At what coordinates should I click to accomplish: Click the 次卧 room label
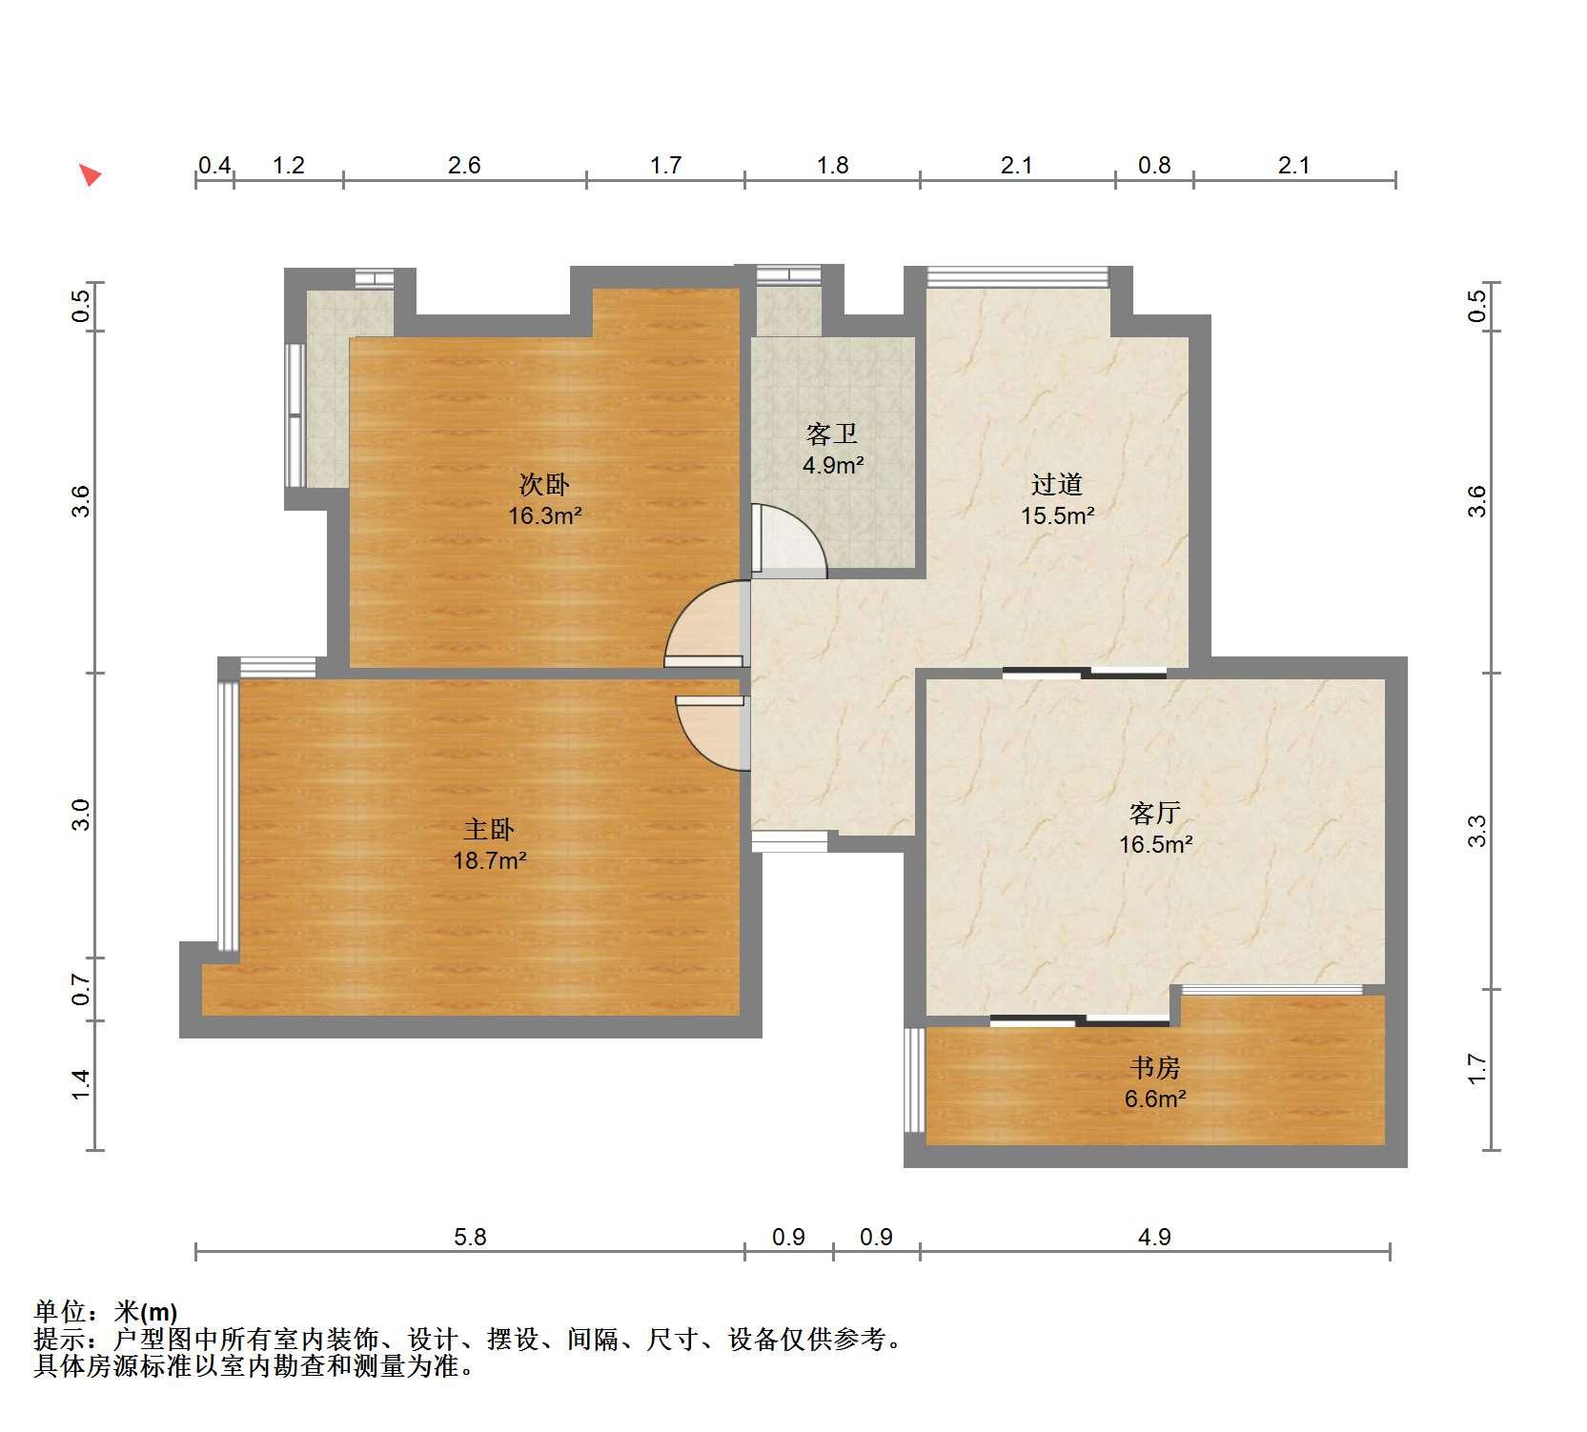(x=544, y=485)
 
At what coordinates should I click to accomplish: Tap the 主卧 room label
(x=489, y=830)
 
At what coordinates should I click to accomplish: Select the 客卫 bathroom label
(x=832, y=434)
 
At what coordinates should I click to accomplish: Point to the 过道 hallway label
(x=1057, y=485)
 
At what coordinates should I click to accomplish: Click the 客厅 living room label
(x=1155, y=814)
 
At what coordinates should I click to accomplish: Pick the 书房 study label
(x=1155, y=1068)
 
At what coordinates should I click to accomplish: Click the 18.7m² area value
(x=490, y=861)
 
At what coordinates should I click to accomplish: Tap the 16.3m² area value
(x=545, y=516)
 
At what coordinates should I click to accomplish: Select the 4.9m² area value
(x=833, y=466)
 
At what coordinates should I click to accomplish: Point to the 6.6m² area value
(x=1155, y=1099)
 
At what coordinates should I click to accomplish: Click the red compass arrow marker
(x=90, y=175)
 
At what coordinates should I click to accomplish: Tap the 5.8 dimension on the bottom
(x=470, y=1237)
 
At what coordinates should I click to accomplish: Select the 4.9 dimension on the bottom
(x=1154, y=1237)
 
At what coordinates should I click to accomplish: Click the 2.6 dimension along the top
(x=464, y=166)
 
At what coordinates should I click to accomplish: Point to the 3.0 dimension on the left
(x=81, y=815)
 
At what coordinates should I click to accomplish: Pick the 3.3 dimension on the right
(x=1476, y=831)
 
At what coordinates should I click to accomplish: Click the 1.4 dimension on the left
(x=81, y=1084)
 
